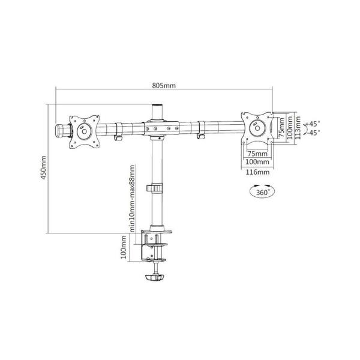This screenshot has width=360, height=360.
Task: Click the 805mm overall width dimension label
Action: point(164,85)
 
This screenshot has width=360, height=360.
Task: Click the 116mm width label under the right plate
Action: point(257,172)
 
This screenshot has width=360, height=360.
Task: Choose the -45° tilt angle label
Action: point(314,133)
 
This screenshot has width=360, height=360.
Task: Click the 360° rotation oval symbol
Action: point(259,192)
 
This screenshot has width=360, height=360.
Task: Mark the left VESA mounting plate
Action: point(83,128)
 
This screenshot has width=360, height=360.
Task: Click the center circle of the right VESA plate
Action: point(257,127)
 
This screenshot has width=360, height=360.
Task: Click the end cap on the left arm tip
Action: point(61,129)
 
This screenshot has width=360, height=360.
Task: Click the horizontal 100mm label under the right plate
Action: point(257,162)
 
